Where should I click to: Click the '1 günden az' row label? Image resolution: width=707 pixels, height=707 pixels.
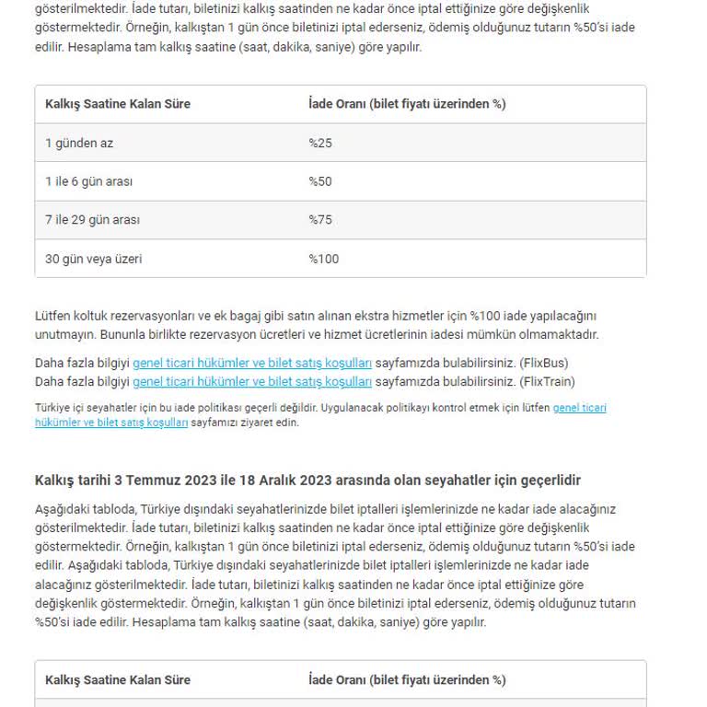[79, 143]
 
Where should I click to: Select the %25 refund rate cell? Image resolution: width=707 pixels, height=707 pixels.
[320, 143]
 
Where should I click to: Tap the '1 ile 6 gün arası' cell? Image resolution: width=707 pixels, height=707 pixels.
[88, 181]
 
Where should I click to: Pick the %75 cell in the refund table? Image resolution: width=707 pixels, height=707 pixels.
[320, 220]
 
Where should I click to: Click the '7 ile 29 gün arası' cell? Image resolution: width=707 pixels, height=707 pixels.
[92, 220]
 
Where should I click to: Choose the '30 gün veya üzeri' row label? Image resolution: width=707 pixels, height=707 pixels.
[93, 259]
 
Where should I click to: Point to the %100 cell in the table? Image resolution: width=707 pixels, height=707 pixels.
[323, 259]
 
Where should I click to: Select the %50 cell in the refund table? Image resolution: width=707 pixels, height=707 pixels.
[320, 181]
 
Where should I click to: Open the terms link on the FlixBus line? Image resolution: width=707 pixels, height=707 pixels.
[252, 363]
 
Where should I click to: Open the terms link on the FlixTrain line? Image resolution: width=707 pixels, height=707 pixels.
[252, 381]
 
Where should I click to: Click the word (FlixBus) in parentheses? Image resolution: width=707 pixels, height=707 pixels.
[543, 363]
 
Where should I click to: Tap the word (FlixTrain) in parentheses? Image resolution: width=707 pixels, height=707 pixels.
[547, 381]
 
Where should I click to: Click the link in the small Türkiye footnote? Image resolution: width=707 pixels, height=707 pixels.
[579, 407]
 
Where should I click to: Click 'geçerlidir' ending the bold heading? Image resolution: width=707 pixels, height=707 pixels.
[549, 481]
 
